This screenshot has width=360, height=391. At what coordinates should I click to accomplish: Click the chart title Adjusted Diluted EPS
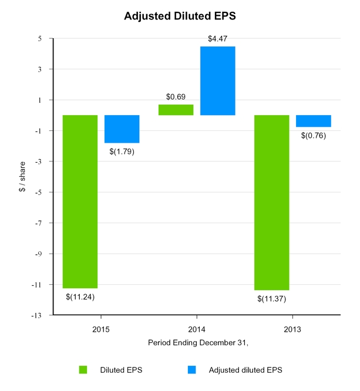(x=179, y=16)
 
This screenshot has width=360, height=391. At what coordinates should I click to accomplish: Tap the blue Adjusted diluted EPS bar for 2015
(x=122, y=129)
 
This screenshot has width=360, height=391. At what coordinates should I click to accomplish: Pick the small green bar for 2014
(x=176, y=110)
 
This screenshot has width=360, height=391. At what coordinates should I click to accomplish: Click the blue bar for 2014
(x=217, y=80)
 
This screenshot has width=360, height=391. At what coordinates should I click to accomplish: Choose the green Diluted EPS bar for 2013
(x=271, y=203)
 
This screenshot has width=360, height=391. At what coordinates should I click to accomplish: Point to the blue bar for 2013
(x=313, y=121)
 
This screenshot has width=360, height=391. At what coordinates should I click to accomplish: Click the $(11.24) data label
(x=80, y=296)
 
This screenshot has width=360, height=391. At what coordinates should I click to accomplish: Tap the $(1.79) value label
(x=122, y=151)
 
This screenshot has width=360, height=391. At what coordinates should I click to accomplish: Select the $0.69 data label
(x=176, y=96)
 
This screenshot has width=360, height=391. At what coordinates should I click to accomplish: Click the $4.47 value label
(x=217, y=39)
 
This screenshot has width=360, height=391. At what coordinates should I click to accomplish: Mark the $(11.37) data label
(x=271, y=298)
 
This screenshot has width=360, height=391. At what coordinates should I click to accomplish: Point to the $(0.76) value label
(x=313, y=136)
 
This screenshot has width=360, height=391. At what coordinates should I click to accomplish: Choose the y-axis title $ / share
(x=22, y=177)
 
